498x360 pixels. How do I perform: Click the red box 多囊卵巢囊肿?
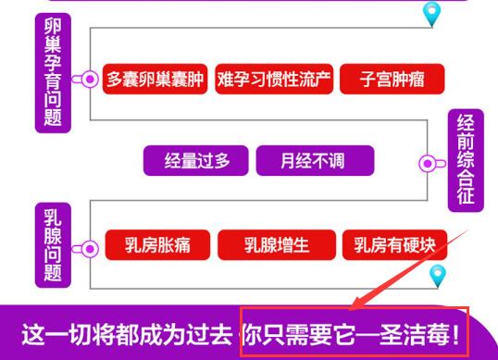pos(155,79)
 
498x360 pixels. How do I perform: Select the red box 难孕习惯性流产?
pos(274,79)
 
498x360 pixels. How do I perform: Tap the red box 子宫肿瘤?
pos(392,79)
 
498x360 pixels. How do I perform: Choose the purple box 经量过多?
pos(196,160)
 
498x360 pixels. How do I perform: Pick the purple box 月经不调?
pos(315,160)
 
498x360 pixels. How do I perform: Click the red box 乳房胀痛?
pos(157,244)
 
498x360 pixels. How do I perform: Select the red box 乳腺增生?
pos(277,244)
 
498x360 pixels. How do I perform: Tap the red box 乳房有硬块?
pos(394,244)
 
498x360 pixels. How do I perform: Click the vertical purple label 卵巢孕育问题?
pos(53,73)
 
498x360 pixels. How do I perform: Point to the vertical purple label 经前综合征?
pos(466,160)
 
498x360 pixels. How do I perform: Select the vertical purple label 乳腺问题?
pos(53,245)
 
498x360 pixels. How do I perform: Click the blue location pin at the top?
pos(432,13)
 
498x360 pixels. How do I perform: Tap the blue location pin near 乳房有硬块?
pos(438,276)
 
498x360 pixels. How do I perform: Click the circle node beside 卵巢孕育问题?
pos(90,79)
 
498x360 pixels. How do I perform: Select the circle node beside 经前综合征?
pos(428,164)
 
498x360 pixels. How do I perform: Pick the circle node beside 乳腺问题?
pos(90,249)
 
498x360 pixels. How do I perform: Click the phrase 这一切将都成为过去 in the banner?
pos(127,335)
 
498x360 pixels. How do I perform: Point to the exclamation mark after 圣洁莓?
pos(455,335)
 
